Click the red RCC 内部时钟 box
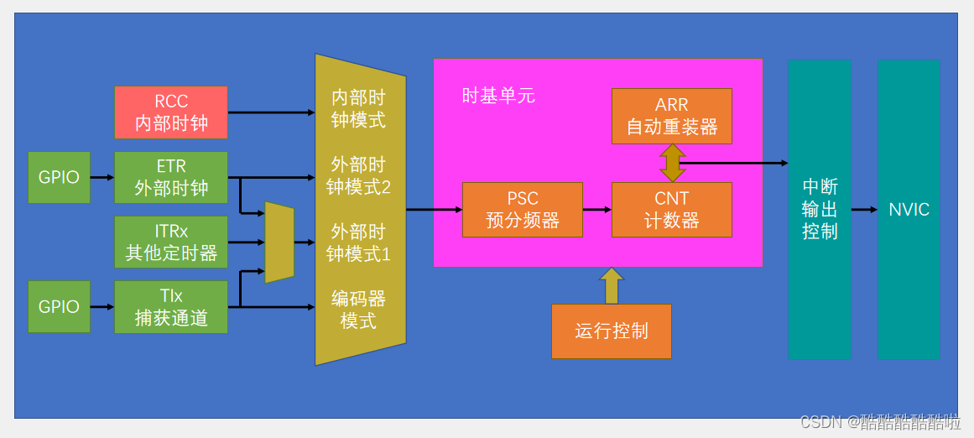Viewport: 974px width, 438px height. point(171,112)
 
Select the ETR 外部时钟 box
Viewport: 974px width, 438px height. point(171,177)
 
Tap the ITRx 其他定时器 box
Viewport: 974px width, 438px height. point(171,242)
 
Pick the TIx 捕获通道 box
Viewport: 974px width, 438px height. point(171,306)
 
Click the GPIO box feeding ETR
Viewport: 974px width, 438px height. point(59,177)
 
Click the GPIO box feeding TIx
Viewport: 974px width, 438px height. point(59,306)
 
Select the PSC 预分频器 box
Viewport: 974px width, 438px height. point(522,210)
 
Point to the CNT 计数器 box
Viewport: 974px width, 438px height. point(671,210)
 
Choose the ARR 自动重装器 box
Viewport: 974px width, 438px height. point(671,116)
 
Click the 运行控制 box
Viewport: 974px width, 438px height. point(611,331)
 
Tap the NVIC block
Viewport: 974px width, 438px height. point(909,209)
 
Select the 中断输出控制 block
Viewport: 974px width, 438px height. point(819,209)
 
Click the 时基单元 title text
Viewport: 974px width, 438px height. point(498,96)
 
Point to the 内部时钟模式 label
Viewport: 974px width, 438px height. point(358,109)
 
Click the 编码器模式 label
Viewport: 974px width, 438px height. point(358,310)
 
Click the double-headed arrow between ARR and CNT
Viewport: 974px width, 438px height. point(672,163)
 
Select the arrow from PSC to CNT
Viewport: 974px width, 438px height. point(596,210)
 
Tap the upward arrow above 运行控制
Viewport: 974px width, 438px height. point(612,285)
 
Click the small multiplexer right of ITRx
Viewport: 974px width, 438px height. point(279,242)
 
